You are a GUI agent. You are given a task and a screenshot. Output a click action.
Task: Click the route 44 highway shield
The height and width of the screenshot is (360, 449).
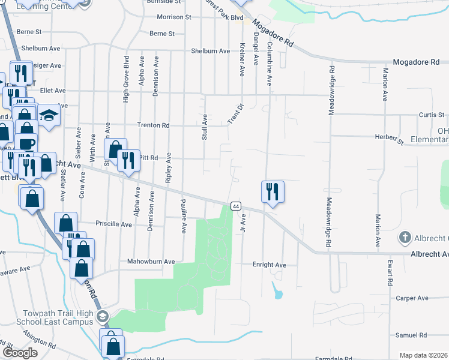pyautogui.click(x=236, y=206)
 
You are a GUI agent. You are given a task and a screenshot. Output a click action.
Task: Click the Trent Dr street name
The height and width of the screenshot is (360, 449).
pyautogui.click(x=235, y=115)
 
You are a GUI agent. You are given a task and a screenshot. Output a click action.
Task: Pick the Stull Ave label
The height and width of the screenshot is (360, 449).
pyautogui.click(x=204, y=127)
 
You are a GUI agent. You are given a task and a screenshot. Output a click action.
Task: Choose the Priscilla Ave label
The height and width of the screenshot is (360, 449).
pyautogui.click(x=114, y=224)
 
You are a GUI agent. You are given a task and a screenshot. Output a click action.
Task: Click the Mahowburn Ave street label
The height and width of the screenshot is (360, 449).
pyautogui.click(x=150, y=262)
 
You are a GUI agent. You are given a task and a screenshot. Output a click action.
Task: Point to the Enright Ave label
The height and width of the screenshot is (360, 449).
pyautogui.click(x=269, y=265)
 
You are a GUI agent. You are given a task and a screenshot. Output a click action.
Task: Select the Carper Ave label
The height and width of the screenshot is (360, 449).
pyautogui.click(x=412, y=298)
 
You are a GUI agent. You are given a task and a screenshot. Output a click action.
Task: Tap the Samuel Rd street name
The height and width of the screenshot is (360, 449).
pyautogui.click(x=411, y=335)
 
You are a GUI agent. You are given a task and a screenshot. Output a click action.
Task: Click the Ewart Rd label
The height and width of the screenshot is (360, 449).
pyautogui.click(x=390, y=273)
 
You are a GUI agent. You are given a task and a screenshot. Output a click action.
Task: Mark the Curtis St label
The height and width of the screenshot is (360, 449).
pyautogui.click(x=431, y=115)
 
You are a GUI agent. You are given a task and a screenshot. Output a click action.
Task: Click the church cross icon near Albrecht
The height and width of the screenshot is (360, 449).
pyautogui.click(x=405, y=238)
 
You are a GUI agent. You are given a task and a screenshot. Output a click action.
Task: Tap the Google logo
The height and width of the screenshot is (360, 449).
pyautogui.click(x=19, y=353)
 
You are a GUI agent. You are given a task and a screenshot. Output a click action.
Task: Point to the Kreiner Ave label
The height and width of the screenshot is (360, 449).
pyautogui.click(x=242, y=59)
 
